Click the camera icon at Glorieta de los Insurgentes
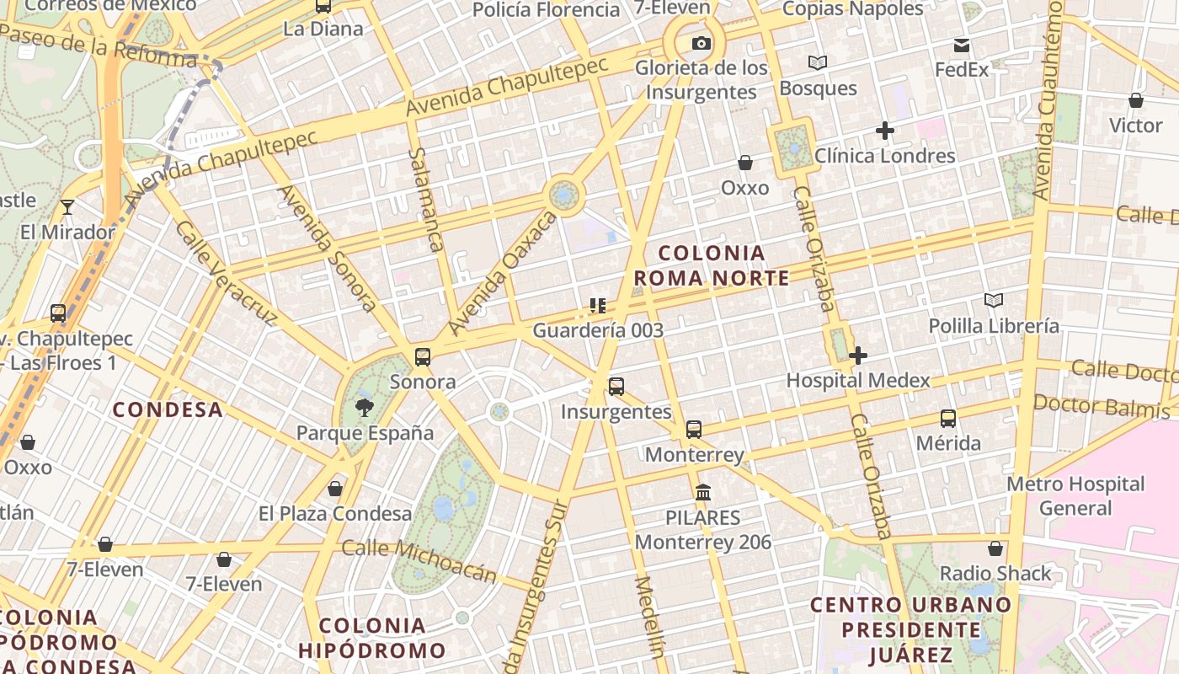pyautogui.click(x=702, y=43)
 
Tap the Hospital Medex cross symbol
pyautogui.click(x=858, y=356)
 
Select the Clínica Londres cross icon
pyautogui.click(x=884, y=131)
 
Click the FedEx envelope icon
pyautogui.click(x=962, y=45)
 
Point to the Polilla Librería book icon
pyautogui.click(x=994, y=300)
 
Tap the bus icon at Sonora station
pyautogui.click(x=423, y=356)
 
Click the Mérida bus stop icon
pyautogui.click(x=948, y=418)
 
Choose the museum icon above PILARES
pyautogui.click(x=703, y=491)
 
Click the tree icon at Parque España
pyautogui.click(x=365, y=408)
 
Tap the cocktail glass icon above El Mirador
pyautogui.click(x=67, y=206)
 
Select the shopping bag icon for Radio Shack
pyautogui.click(x=995, y=548)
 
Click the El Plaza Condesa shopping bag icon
pyautogui.click(x=335, y=489)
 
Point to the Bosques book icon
pyautogui.click(x=817, y=62)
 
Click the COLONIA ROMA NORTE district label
pyautogui.click(x=712, y=265)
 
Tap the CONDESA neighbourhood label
pyautogui.click(x=168, y=410)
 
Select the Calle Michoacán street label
pyautogui.click(x=419, y=560)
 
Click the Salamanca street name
pyautogui.click(x=425, y=200)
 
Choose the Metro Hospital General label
pyautogui.click(x=1075, y=496)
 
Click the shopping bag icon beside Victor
pyautogui.click(x=1136, y=101)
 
